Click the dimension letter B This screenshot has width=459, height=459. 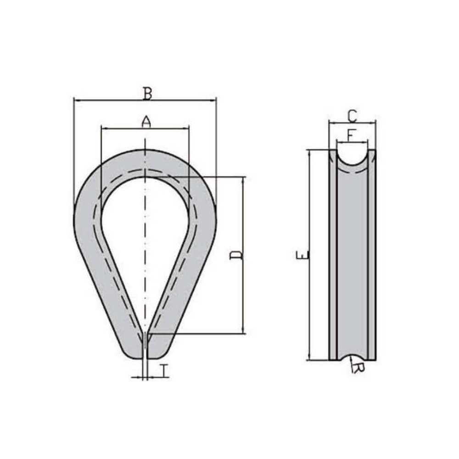coord(147,93)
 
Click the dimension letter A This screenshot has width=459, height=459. coord(146,122)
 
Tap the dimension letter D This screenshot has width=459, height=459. coord(236,255)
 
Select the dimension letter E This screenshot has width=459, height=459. coord(302,255)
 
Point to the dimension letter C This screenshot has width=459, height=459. coord(353,116)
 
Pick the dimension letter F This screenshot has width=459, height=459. coord(351,135)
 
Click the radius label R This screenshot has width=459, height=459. coord(358,368)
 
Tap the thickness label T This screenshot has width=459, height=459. coord(165,370)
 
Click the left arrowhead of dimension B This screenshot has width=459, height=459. coord(77,101)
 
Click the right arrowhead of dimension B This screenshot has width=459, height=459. coord(213,101)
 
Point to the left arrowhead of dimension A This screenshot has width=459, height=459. coord(105,128)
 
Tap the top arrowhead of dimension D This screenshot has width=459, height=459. coord(243,180)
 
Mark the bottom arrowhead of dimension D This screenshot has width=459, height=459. coord(243,330)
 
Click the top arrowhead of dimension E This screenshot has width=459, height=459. coord(309,153)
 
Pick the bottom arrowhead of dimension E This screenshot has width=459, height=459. coord(309,357)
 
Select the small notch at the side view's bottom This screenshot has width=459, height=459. coord(352,358)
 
